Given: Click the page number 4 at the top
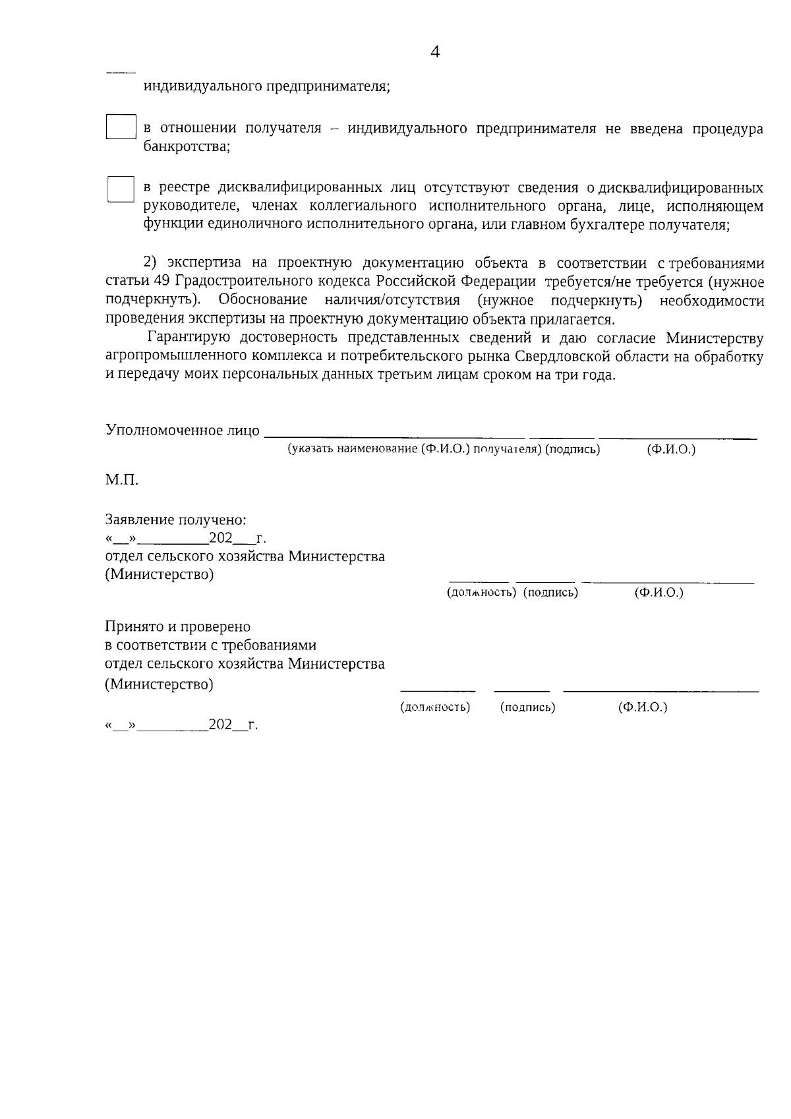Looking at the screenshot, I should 435,53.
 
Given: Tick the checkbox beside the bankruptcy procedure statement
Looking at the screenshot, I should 121,127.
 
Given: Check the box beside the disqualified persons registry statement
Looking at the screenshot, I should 121,189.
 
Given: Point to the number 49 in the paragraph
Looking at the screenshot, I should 161,282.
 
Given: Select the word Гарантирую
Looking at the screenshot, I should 189,338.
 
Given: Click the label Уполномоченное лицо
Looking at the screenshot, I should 183,431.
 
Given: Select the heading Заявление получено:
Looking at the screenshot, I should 176,520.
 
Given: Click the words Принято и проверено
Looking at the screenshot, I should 178,626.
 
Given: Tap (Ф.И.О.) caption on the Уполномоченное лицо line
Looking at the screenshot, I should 671,450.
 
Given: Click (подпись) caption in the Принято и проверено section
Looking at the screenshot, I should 527,708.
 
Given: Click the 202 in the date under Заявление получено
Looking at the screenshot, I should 220,538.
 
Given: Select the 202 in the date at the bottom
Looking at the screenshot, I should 220,725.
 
